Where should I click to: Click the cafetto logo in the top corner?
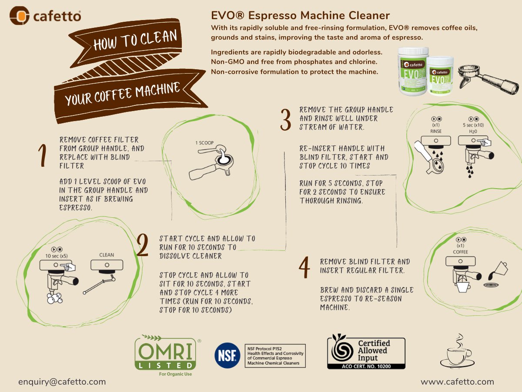pyautogui.click(x=45, y=17)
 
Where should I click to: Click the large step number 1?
pyautogui.click(x=42, y=156)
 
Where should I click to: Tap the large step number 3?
pyautogui.click(x=285, y=120)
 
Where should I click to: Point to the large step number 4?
pyautogui.click(x=304, y=267)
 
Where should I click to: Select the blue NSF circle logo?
pyautogui.click(x=227, y=356)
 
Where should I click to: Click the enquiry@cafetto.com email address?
pyautogui.click(x=62, y=382)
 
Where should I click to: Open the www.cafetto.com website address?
pyautogui.click(x=457, y=382)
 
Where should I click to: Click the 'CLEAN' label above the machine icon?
pyautogui.click(x=107, y=255)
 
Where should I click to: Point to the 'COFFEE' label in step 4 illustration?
pyautogui.click(x=461, y=252)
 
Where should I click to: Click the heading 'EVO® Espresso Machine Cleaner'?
pyautogui.click(x=300, y=16)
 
